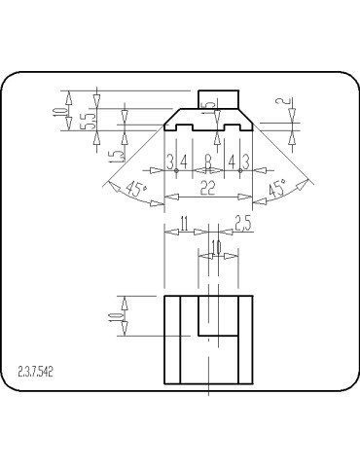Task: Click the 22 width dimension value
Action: point(207,190)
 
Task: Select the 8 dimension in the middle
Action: point(208,161)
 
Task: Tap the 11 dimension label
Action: point(184,224)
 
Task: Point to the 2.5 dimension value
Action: point(242,224)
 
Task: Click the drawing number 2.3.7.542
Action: point(36,372)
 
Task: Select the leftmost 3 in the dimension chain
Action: point(169,161)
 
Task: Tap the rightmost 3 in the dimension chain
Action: point(246,161)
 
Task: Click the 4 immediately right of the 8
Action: point(232,161)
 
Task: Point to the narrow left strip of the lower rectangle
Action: point(172,339)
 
